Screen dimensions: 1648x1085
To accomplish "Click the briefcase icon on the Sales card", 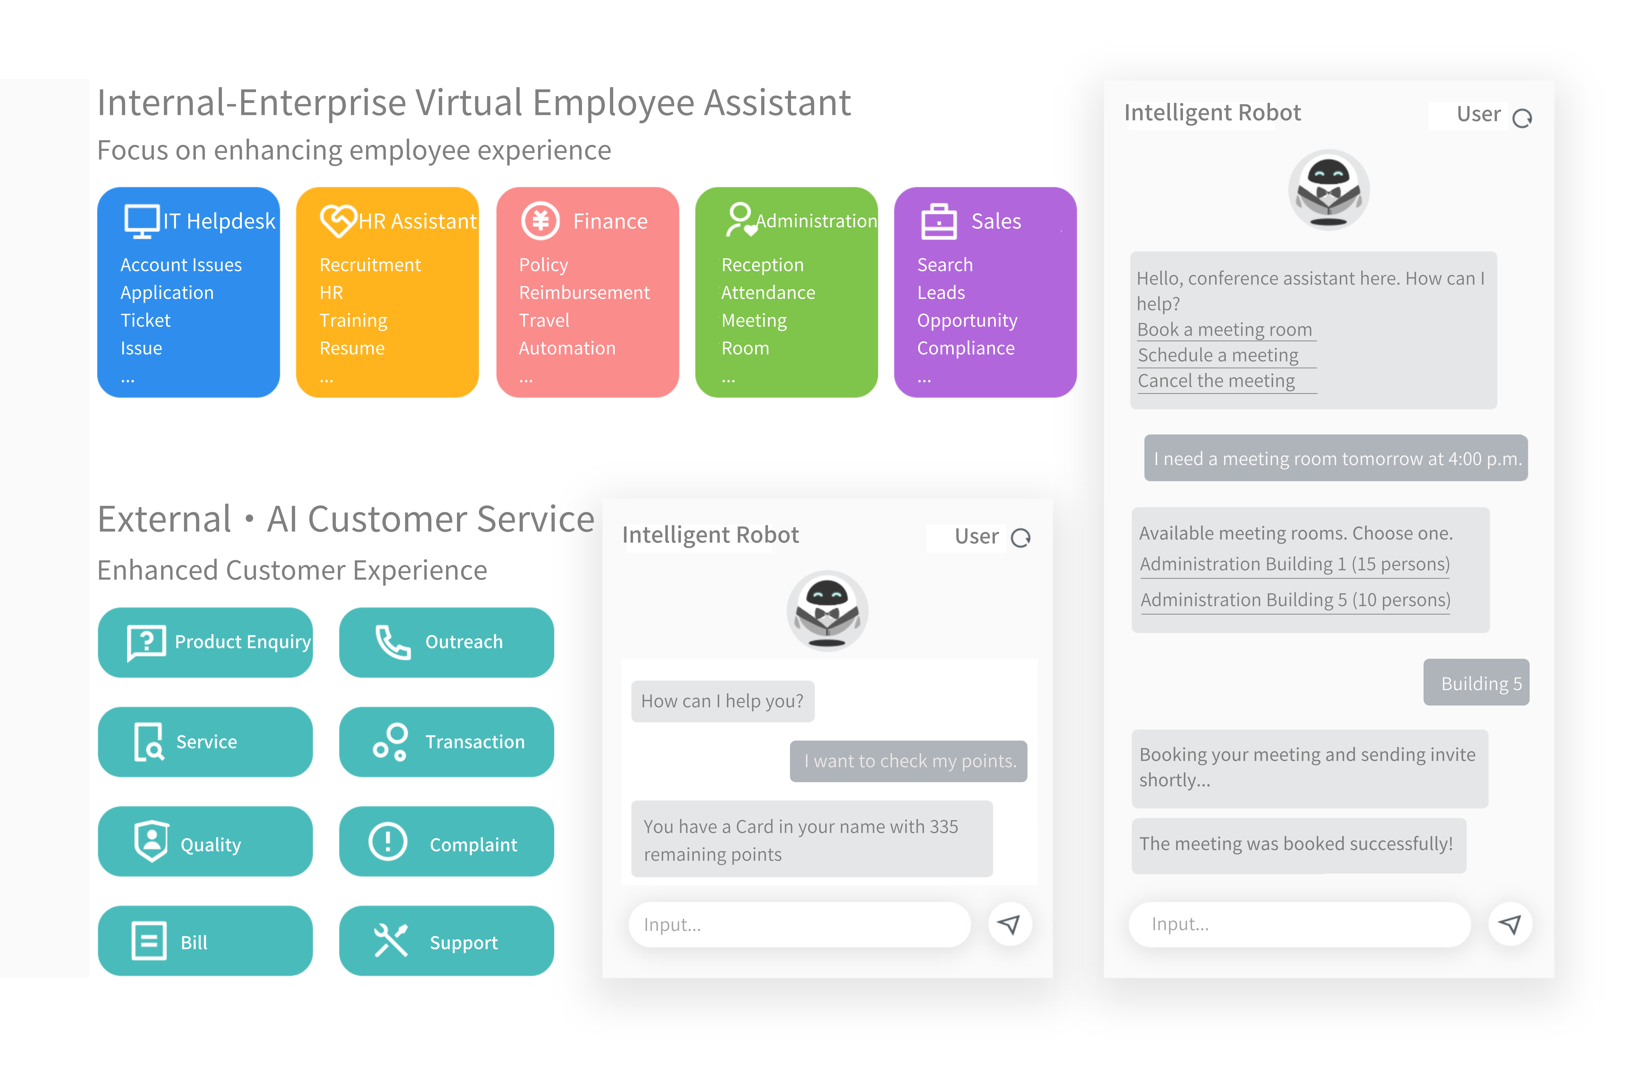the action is pos(939,222).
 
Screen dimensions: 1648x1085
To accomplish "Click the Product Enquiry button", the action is pos(205,642).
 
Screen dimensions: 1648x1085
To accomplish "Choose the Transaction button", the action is pos(447,742).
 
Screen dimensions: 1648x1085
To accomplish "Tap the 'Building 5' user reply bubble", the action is pos(1476,683).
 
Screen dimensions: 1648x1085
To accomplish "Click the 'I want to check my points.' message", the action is pos(908,761).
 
